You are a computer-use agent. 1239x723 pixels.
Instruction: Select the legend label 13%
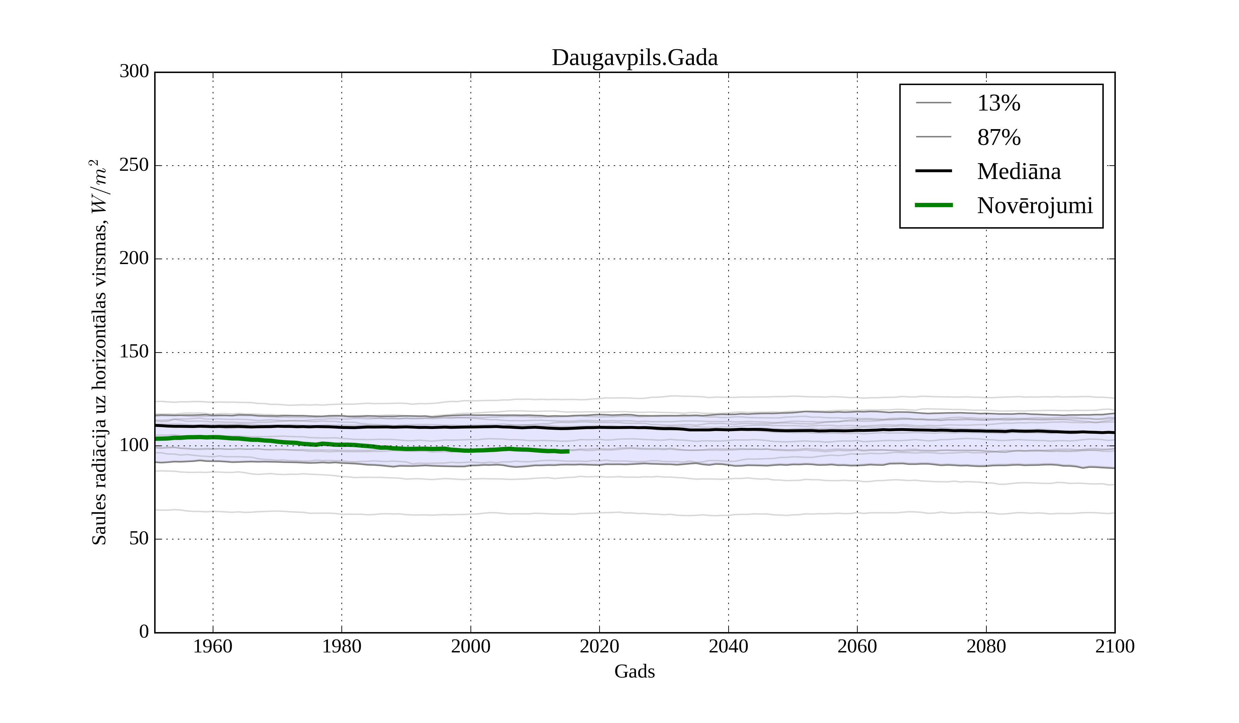click(998, 103)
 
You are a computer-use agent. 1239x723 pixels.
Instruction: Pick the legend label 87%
click(998, 137)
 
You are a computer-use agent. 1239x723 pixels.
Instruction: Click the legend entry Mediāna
click(1019, 171)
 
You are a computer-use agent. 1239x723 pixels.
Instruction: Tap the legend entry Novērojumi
click(1035, 206)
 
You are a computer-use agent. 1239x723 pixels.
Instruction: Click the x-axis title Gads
click(634, 671)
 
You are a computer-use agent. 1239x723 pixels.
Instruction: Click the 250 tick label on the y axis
click(134, 165)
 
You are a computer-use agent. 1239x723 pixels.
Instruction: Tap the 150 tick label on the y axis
click(134, 352)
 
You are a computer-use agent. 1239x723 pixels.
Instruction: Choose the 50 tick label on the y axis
click(139, 539)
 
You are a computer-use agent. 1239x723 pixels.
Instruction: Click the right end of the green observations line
click(568, 451)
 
